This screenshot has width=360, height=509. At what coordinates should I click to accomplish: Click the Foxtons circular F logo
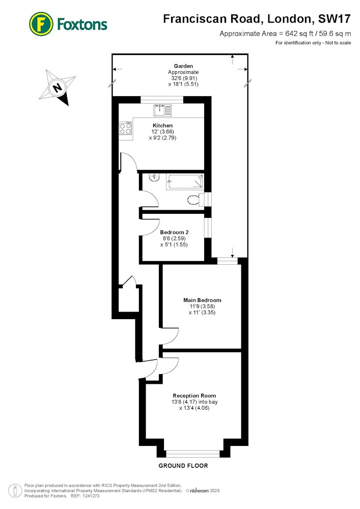click(x=41, y=24)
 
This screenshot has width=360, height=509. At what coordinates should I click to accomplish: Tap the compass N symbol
click(x=58, y=88)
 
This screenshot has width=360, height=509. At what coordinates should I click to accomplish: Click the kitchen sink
click(x=163, y=110)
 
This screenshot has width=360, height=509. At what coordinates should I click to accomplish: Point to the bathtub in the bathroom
click(x=185, y=182)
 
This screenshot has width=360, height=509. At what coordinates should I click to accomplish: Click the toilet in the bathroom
click(x=195, y=200)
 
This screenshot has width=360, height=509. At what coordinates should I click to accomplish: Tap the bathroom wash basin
click(x=153, y=177)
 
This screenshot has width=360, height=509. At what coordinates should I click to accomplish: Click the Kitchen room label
click(x=162, y=125)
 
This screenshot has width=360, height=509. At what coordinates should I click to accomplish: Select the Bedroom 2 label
click(x=174, y=233)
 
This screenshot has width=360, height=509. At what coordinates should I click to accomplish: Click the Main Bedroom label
click(x=202, y=300)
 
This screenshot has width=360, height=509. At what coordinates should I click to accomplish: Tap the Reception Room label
click(x=195, y=395)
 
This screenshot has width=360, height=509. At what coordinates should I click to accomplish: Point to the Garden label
click(x=183, y=66)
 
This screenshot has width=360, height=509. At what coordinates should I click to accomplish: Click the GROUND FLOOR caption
click(x=183, y=466)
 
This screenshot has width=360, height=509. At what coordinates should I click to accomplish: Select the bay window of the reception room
click(x=193, y=454)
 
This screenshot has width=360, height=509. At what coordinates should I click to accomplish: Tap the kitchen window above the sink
click(x=162, y=100)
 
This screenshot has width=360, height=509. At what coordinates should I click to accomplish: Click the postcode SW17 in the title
click(x=335, y=19)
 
